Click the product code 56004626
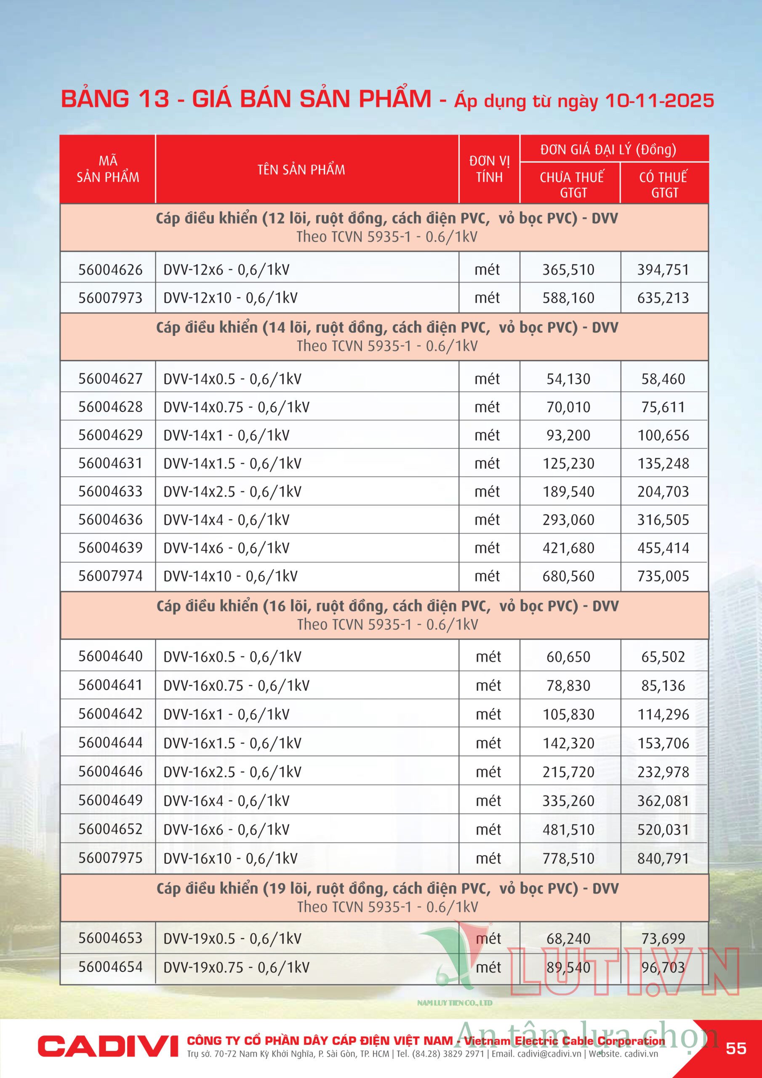pos(110,269)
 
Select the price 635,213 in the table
pos(663,298)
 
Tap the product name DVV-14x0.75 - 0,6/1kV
pos(236,407)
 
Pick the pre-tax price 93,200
pos(568,435)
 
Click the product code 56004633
pos(110,491)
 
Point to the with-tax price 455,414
pos(663,548)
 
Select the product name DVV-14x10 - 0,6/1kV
pos(230,576)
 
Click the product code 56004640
pos(110,656)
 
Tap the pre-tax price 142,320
pos(568,743)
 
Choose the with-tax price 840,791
pos(663,858)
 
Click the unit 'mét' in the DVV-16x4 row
pos(488,800)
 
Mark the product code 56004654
pos(110,967)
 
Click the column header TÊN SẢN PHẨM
pos(301,170)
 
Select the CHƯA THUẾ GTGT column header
pos(571,184)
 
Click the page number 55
pos(736,1048)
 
